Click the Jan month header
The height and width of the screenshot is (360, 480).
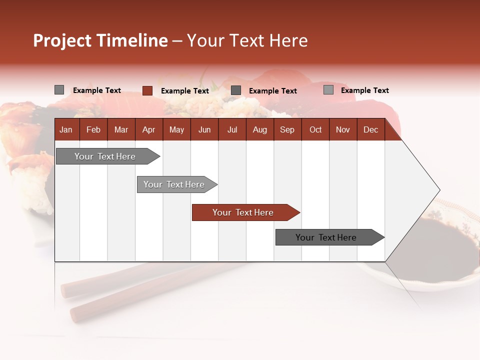coord(66,129)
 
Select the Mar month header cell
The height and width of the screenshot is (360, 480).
coord(121,129)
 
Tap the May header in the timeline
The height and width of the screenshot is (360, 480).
coord(176,129)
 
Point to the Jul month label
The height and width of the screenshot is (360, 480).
coord(232,129)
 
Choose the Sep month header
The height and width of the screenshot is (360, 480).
coord(287,129)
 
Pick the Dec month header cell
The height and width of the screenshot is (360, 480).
coord(370,129)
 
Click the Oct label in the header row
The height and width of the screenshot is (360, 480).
coord(315,129)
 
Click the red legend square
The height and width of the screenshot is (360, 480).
coord(147,90)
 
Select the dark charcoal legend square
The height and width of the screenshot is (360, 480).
coord(236,90)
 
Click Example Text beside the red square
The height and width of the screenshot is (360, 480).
coord(184,91)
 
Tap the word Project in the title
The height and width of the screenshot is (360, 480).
coord(62,40)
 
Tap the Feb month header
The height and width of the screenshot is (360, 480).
coord(93,129)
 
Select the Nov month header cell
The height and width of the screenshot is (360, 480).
coord(343,129)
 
